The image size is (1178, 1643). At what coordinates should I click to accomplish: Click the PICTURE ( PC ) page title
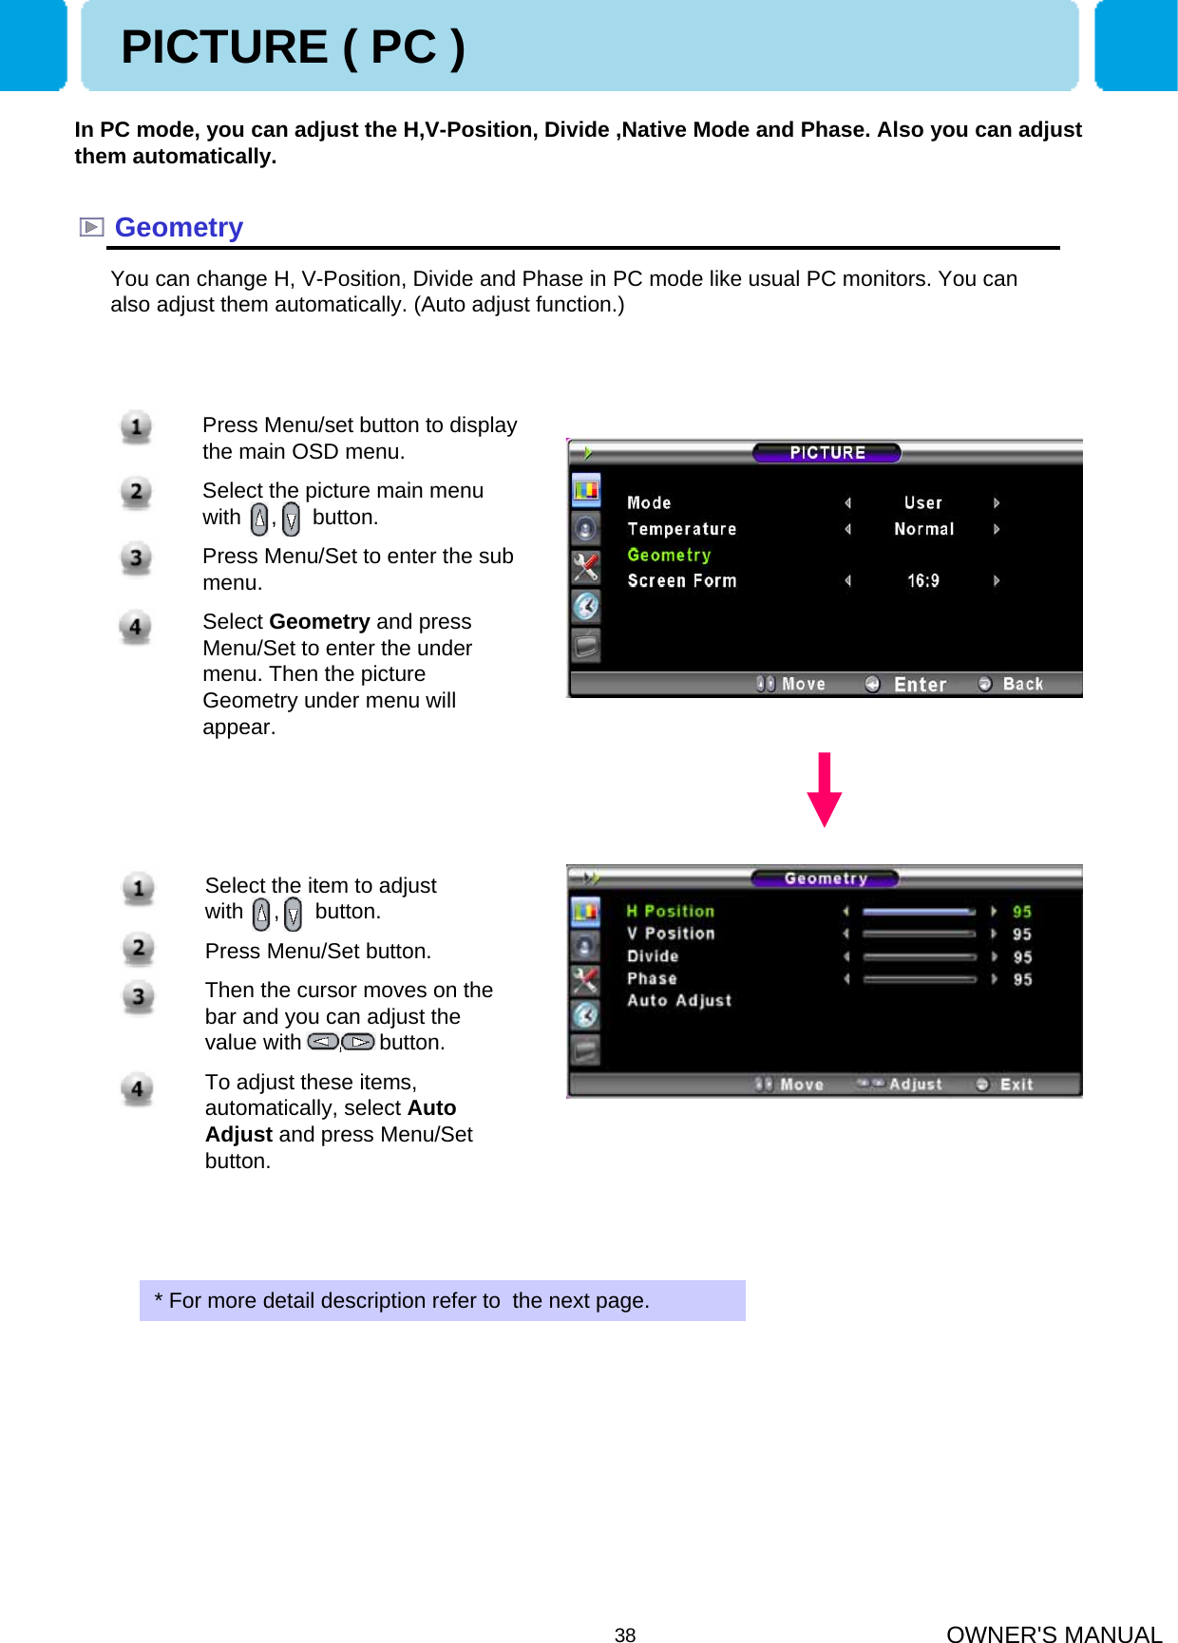point(293,47)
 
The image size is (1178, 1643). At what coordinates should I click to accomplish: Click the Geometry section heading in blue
point(179,228)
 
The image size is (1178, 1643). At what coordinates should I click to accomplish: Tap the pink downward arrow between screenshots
point(824,789)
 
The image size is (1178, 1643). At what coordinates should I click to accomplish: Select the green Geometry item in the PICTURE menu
point(669,555)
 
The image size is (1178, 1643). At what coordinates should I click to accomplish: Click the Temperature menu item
point(681,529)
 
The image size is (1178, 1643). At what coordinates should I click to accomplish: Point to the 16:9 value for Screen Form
point(922,580)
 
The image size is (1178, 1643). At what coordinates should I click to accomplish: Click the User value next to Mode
point(922,502)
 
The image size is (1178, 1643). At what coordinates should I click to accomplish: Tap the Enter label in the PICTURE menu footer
point(920,685)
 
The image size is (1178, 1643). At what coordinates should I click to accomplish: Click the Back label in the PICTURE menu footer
point(1022,684)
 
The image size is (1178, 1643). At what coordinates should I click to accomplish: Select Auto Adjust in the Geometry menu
point(679,1000)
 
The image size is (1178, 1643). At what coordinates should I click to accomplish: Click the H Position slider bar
point(919,912)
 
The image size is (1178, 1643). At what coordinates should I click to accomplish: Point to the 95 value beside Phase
point(1022,979)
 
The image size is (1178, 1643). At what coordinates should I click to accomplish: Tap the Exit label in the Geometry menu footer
point(1016,1085)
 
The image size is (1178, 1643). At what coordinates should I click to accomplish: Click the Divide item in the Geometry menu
point(653,956)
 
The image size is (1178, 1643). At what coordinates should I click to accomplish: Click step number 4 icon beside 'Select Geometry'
point(136,627)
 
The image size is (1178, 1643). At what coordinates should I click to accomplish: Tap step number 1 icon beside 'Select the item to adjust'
point(139,889)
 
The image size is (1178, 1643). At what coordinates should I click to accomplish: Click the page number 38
point(624,1634)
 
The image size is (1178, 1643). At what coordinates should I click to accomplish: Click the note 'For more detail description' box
point(442,1300)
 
